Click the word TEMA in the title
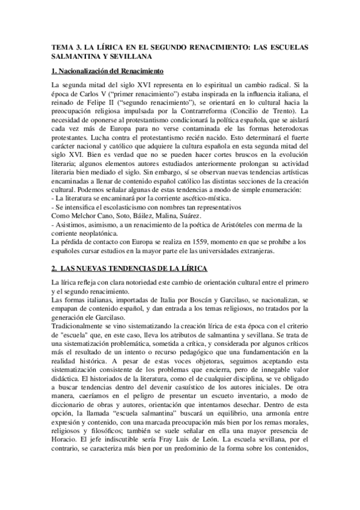click(62, 46)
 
